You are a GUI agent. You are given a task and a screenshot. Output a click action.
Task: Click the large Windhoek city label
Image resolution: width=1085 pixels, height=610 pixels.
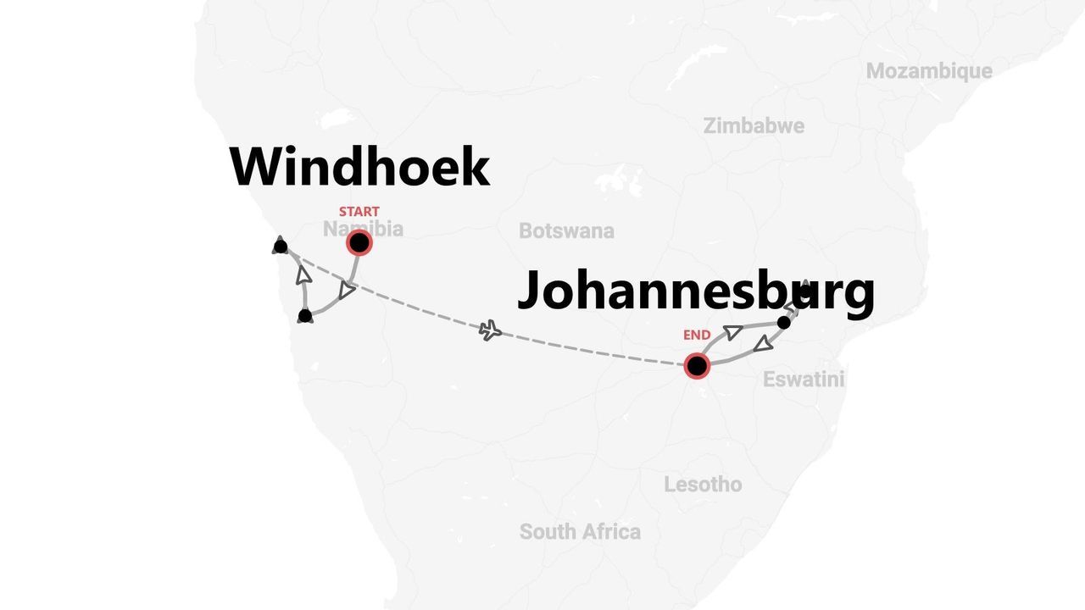359,167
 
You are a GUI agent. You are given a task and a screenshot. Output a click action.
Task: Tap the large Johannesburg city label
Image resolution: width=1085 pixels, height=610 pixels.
695,291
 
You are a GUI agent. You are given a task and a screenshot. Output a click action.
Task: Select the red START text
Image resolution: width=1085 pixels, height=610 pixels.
359,211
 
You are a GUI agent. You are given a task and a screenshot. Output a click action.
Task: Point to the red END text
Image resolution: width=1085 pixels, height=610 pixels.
697,335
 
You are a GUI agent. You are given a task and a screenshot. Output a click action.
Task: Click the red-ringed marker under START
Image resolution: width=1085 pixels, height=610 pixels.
359,243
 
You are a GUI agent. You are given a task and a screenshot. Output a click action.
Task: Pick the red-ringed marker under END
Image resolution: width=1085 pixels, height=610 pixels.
697,366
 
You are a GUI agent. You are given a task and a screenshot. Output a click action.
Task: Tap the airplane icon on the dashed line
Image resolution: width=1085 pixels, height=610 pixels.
490,330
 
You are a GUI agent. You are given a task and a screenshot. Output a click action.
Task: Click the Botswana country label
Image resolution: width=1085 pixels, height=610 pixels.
566,230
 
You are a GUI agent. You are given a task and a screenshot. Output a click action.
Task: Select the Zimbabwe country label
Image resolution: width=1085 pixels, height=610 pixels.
754,126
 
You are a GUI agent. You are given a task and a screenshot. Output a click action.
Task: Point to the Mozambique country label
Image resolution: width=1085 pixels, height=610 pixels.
928,71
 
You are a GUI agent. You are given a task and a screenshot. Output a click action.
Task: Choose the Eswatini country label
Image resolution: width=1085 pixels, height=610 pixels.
804,380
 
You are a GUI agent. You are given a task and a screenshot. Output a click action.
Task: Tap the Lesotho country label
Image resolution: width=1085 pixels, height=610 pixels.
703,485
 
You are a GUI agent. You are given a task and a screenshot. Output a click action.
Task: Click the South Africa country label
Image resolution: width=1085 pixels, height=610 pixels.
580,532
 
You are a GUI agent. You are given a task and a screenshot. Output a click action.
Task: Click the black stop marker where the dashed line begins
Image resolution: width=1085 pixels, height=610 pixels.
281,247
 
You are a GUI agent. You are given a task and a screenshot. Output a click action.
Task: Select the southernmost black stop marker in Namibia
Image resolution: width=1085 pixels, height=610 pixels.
305,316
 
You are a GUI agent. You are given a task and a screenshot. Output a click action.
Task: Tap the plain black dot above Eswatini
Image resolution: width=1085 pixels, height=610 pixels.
784,323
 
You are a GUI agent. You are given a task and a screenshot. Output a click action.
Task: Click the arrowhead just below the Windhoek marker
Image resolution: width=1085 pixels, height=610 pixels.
346,291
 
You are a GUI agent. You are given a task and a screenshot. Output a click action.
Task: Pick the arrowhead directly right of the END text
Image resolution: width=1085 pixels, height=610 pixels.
733,332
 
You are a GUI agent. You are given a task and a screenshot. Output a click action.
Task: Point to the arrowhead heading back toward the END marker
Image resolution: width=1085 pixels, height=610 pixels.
763,343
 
